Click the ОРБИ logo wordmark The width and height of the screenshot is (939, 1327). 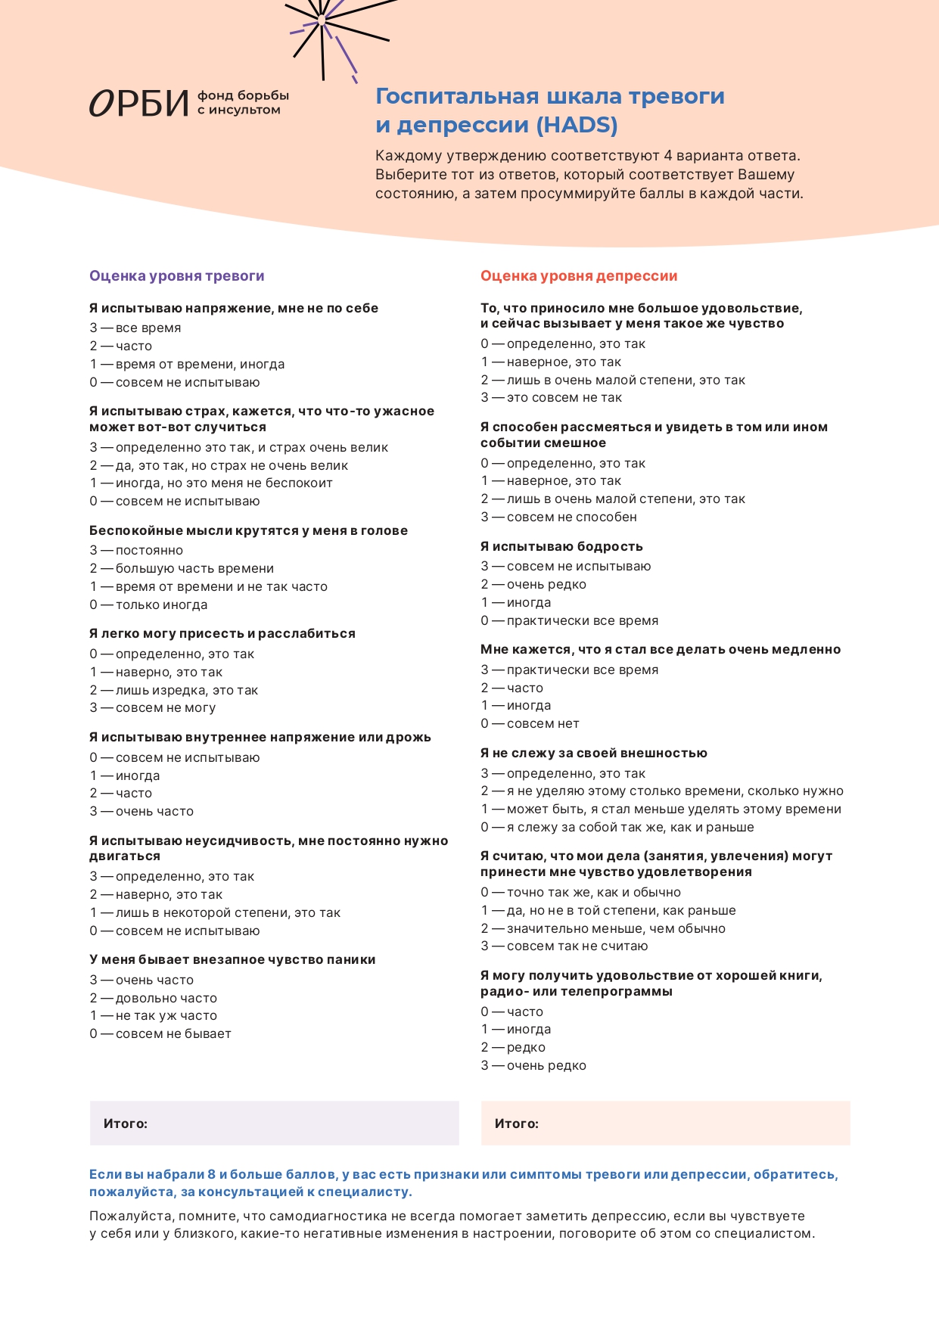coord(139,104)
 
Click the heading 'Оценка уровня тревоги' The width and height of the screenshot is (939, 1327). coord(177,276)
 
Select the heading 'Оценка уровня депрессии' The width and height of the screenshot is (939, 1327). coord(579,276)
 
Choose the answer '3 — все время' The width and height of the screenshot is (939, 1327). coord(135,328)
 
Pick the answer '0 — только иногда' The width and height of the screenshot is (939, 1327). coord(148,604)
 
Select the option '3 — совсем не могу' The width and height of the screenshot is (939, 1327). coord(153,707)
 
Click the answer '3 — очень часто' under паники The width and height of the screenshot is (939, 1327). coord(141,980)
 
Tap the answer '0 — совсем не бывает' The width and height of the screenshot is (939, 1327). coord(160,1033)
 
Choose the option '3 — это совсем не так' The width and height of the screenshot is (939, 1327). coord(552,397)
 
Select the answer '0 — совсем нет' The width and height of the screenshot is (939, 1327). coord(530,723)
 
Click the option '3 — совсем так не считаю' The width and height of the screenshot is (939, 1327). coord(564,946)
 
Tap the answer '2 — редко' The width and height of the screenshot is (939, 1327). coord(513,1047)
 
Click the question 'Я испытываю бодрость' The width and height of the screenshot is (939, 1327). coord(561,546)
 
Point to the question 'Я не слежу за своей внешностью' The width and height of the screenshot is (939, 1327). coord(594,753)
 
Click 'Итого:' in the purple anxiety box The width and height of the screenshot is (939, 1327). coord(126,1123)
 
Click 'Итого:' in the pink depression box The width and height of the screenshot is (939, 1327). coord(517,1123)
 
